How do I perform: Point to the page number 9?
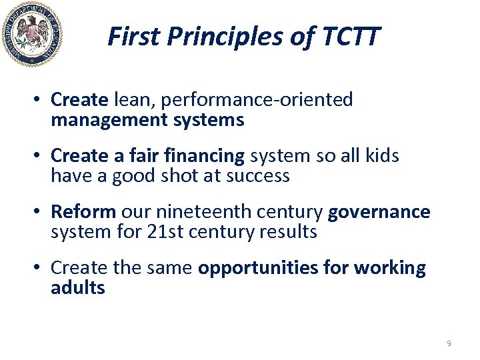tap(449, 343)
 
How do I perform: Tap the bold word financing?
tap(206, 156)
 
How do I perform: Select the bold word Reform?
tap(83, 212)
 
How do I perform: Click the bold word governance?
tap(379, 212)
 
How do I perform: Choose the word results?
tap(285, 232)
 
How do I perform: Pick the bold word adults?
tap(78, 288)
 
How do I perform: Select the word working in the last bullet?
tap(390, 268)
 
